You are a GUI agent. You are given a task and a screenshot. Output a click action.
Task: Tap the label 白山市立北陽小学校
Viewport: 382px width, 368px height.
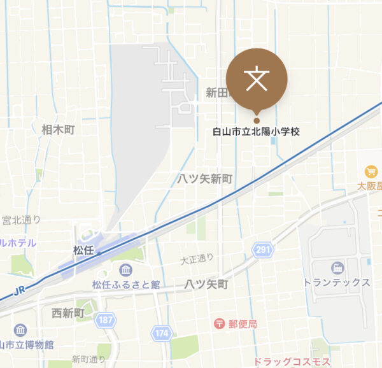click(256, 132)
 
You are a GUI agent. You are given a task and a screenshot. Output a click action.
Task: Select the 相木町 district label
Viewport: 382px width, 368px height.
click(58, 129)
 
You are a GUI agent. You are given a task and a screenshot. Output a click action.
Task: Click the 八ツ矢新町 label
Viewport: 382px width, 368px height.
click(205, 179)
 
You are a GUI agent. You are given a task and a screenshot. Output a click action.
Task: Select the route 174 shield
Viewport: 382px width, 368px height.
click(161, 332)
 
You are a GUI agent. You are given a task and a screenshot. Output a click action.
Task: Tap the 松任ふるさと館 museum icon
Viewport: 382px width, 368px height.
click(125, 270)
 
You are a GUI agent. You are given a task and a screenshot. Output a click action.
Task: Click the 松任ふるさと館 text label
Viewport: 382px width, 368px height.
click(125, 285)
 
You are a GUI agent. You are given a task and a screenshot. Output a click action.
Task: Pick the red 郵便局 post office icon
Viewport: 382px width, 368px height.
click(220, 324)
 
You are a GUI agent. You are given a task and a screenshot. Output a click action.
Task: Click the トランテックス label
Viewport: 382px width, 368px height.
click(337, 282)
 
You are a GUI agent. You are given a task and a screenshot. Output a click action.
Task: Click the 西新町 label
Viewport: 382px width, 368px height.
click(67, 313)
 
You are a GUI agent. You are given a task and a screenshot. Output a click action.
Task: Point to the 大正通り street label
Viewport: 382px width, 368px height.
click(197, 258)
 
